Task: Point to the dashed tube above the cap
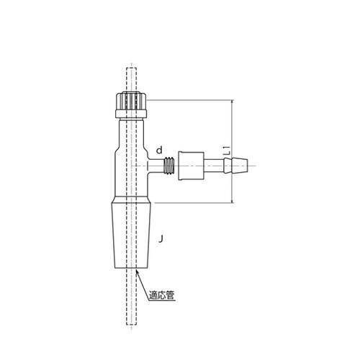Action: pos(130,79)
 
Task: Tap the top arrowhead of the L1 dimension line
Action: pos(232,103)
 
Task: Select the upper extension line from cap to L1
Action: pos(187,102)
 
